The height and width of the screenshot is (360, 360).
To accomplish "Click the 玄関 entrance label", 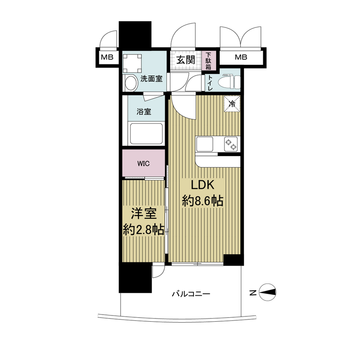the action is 185,60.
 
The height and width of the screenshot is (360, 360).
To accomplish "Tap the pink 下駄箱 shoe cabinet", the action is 209,60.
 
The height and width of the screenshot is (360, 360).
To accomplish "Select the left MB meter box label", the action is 107,57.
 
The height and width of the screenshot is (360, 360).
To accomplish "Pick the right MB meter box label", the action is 241,57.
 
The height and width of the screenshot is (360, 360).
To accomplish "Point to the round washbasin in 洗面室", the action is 131,83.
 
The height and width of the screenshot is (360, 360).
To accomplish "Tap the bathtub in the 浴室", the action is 146,134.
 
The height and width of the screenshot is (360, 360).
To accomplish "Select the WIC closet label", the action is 144,164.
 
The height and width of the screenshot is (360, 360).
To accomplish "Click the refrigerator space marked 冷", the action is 232,103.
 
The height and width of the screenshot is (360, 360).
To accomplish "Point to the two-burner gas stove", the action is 231,144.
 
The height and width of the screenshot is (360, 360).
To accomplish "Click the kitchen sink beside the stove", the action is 205,144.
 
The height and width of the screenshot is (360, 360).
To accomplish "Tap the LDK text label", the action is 203,185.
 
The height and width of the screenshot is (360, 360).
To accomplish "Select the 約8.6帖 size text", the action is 203,201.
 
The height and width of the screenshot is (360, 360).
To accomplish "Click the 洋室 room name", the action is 144,214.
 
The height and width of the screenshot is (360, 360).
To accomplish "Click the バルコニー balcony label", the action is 191,294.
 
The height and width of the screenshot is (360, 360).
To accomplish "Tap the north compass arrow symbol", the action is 267,292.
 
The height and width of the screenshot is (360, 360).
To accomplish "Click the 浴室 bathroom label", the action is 144,112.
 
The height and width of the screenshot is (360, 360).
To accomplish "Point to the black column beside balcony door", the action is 135,278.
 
